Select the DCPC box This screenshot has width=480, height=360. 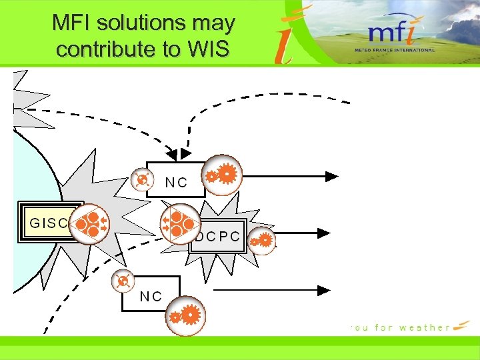pyautogui.click(x=219, y=237)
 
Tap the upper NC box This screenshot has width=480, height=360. pyautogui.click(x=175, y=181)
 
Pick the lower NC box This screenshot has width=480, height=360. pyautogui.click(x=151, y=295)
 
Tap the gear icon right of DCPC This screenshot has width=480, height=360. pyautogui.click(x=263, y=239)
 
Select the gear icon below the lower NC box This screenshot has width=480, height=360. pyautogui.click(x=185, y=314)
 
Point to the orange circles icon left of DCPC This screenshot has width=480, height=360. pyautogui.click(x=180, y=223)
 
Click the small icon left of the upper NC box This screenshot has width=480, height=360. pyautogui.click(x=141, y=180)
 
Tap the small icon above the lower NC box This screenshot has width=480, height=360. pyautogui.click(x=122, y=282)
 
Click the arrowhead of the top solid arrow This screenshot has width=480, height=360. pyautogui.click(x=332, y=176)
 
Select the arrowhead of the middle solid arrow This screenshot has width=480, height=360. pyautogui.click(x=324, y=233)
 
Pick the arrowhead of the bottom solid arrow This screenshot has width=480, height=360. pyautogui.click(x=324, y=291)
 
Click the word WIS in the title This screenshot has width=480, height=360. pyautogui.click(x=210, y=49)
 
